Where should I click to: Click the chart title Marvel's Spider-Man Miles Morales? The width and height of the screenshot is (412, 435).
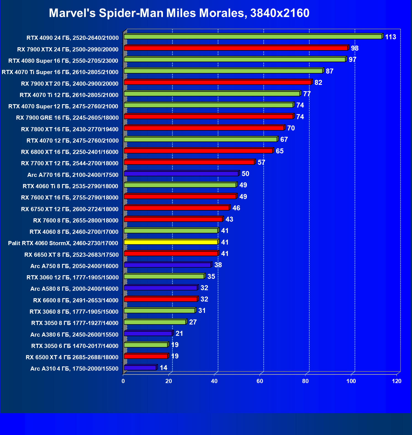click(179, 13)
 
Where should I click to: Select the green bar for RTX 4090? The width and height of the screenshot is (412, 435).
click(253, 37)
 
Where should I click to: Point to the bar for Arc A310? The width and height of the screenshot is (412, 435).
click(140, 368)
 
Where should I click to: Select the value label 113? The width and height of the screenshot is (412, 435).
click(390, 37)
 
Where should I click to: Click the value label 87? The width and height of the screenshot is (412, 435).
click(329, 71)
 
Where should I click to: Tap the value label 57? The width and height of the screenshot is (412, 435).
click(261, 163)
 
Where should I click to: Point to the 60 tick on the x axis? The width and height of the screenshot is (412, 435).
click(260, 381)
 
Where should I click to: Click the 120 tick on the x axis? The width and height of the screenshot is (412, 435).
click(397, 381)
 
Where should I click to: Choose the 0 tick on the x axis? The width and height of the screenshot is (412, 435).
click(123, 381)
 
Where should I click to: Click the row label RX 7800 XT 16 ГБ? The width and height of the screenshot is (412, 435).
click(70, 129)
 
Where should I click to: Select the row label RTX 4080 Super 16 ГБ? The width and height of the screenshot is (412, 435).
click(63, 61)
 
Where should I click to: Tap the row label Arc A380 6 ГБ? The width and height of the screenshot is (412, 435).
click(74, 335)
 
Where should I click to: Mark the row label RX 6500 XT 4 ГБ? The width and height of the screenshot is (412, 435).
click(72, 357)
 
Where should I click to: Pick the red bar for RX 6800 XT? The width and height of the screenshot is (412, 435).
click(198, 151)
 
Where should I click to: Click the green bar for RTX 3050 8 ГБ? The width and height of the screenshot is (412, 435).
click(155, 322)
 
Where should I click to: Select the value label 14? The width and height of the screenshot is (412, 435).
click(163, 368)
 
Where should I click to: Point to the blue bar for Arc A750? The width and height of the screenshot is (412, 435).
click(167, 265)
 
